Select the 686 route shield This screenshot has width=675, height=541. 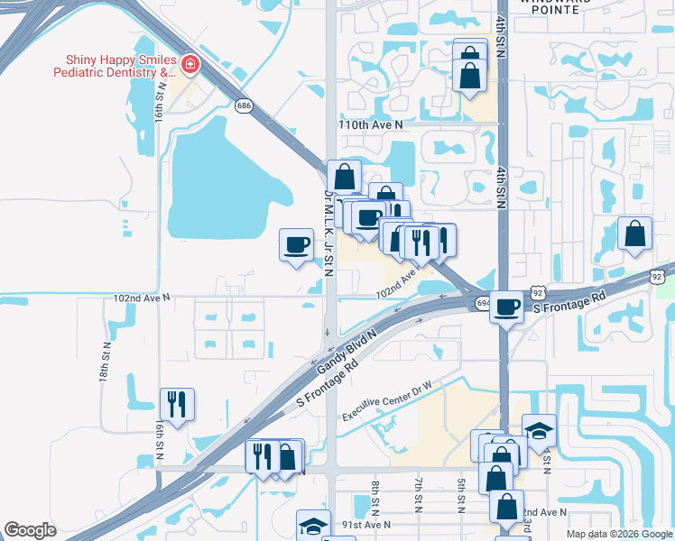[x=244, y=105]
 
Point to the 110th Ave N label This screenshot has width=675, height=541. [x=369, y=124]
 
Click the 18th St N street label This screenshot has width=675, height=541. [x=106, y=361]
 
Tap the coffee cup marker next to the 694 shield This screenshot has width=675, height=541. [x=507, y=306]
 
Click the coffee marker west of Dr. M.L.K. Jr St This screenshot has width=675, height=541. [x=296, y=244]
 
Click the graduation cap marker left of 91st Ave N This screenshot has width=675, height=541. [x=313, y=525]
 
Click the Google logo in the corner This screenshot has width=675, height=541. [x=30, y=530]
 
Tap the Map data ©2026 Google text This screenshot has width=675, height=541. [x=618, y=534]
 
